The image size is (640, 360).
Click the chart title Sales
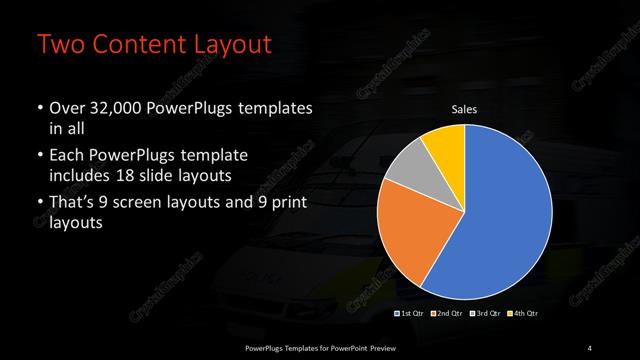click(463, 109)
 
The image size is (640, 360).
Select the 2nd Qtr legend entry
click(446, 314)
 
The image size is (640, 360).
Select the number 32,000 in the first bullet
click(122, 109)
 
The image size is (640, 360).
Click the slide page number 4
click(590, 347)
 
